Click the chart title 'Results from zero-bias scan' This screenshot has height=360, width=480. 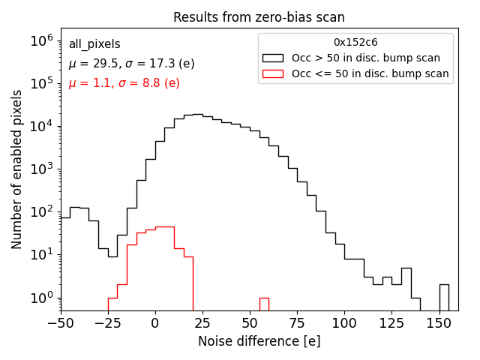click(x=259, y=17)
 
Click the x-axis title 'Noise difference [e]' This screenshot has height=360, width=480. click(x=259, y=341)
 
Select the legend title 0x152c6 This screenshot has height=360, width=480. click(x=355, y=42)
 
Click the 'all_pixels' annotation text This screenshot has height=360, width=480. click(x=94, y=44)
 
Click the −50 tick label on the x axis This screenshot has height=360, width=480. click(x=61, y=323)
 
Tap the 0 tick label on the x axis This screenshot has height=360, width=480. click(x=155, y=323)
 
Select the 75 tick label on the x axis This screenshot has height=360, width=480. click(x=297, y=323)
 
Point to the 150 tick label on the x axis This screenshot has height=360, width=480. click(x=439, y=323)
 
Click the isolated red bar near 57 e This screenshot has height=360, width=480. click(x=264, y=304)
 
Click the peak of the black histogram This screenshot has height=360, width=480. click(x=197, y=115)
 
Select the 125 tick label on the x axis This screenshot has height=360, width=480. click(x=391, y=323)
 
